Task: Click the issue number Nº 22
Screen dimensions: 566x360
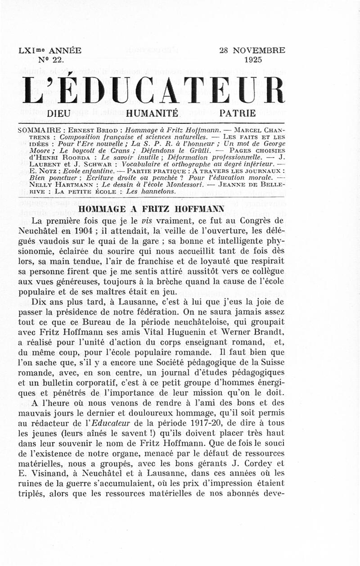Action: click(51, 59)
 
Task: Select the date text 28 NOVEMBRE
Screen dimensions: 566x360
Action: click(252, 50)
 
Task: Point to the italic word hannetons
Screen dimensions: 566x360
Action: click(144, 191)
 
